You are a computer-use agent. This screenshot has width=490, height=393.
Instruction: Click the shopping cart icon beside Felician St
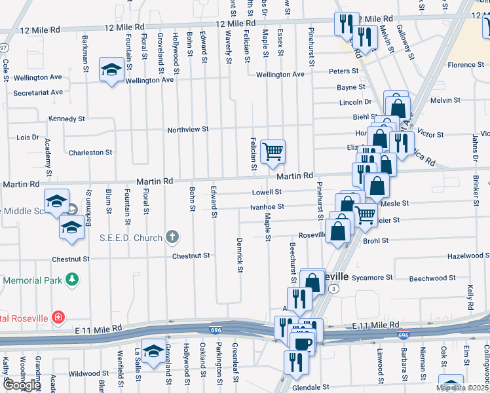pyautogui.click(x=273, y=151)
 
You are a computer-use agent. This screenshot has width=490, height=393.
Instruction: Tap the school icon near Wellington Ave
pyautogui.click(x=111, y=69)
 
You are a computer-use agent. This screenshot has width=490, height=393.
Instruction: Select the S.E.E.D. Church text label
pyautogui.click(x=130, y=237)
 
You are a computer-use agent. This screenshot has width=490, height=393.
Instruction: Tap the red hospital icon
pyautogui.click(x=59, y=318)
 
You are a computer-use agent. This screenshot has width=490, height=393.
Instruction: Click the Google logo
pyautogui.click(x=22, y=385)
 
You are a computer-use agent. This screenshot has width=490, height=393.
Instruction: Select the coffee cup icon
pyautogui.click(x=302, y=343)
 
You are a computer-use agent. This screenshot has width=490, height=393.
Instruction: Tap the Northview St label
pyautogui.click(x=187, y=129)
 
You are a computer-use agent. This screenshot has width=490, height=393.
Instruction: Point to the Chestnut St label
pyautogui.click(x=191, y=255)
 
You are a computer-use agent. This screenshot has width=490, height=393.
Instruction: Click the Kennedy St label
pyautogui.click(x=67, y=119)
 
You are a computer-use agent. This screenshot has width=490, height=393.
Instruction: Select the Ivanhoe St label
pyautogui.click(x=267, y=206)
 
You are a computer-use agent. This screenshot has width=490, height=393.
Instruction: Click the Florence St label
pyautogui.click(x=465, y=65)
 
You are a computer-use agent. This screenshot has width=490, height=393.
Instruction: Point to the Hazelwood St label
pyautogui.click(x=468, y=255)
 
